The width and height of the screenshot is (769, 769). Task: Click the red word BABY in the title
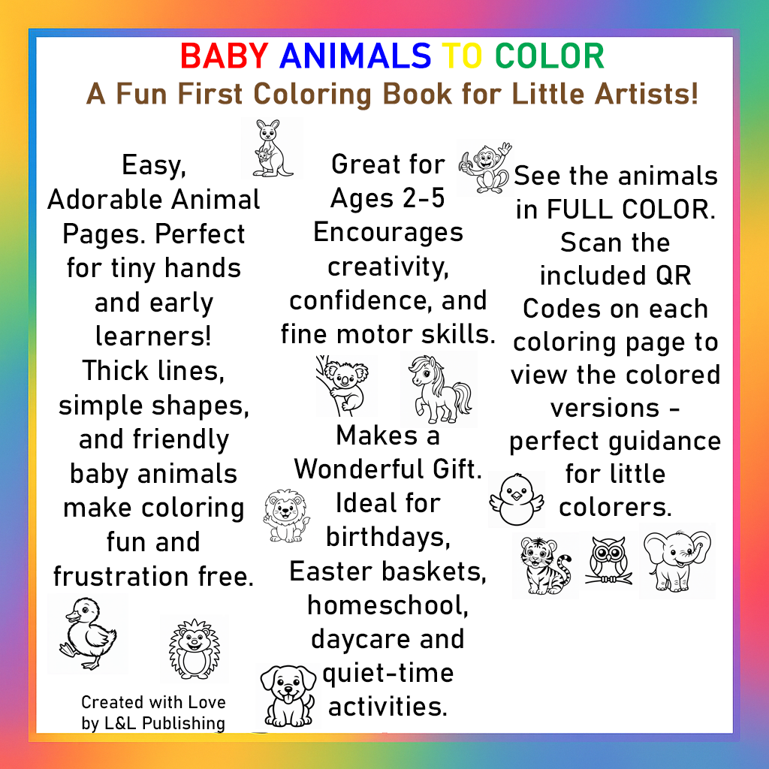224,56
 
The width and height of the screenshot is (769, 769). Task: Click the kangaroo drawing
270,149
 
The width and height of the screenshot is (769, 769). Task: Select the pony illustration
438,388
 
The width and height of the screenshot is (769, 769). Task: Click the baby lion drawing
285,516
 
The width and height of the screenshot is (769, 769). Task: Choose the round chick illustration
516,498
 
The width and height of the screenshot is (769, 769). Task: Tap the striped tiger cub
544,564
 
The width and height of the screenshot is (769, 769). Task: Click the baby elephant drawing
675,559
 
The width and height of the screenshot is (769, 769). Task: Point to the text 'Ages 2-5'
388,198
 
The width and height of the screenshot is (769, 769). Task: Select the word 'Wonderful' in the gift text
357,469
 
